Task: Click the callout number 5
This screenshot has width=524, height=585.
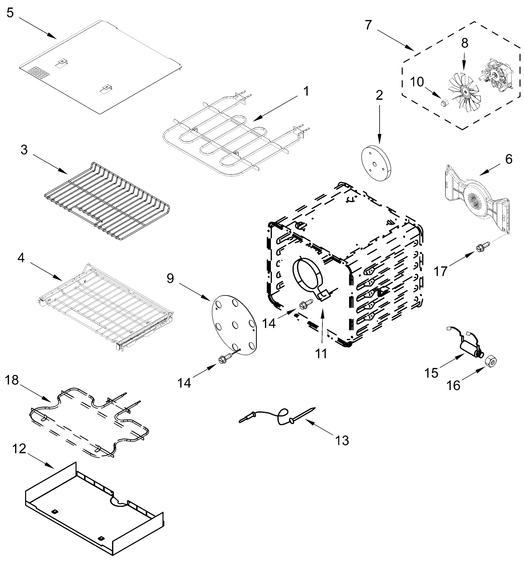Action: (10, 13)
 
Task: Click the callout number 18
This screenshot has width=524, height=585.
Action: (12, 380)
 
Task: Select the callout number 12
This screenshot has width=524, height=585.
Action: (19, 449)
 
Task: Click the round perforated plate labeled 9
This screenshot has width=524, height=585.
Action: (234, 325)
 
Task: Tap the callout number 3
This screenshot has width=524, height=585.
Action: (24, 150)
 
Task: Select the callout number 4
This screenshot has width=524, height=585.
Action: (21, 258)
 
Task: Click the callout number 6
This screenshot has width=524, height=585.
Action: (509, 159)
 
